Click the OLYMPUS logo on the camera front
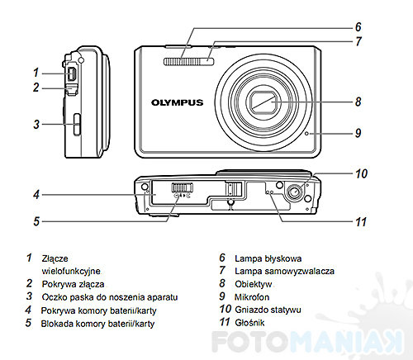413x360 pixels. click(x=177, y=102)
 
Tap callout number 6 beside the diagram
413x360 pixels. click(x=358, y=26)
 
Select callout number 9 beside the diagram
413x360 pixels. click(x=358, y=133)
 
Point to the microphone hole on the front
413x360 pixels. click(x=307, y=134)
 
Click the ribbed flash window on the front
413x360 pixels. click(x=189, y=62)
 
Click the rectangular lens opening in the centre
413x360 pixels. click(x=263, y=102)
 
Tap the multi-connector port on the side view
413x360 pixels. click(x=72, y=74)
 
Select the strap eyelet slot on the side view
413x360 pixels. click(x=77, y=124)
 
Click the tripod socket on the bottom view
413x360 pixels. click(x=294, y=192)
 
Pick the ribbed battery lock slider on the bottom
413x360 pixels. click(x=183, y=187)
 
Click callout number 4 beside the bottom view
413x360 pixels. click(x=36, y=195)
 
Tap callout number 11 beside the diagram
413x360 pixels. click(x=361, y=222)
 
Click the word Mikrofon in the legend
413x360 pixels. click(x=252, y=297)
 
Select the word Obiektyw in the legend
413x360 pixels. click(x=254, y=284)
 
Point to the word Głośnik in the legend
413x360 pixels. click(x=249, y=323)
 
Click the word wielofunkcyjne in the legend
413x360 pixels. click(x=71, y=271)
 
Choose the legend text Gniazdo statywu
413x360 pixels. click(x=268, y=310)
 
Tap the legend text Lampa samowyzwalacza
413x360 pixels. click(x=284, y=271)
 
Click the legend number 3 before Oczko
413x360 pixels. click(x=29, y=296)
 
